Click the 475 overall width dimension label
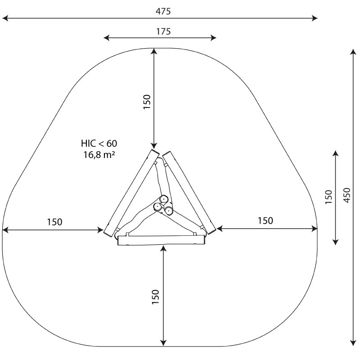coord(163,11)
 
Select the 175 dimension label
coord(163,31)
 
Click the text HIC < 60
coord(99,144)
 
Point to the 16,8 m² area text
coord(99,155)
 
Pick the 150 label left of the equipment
coord(54,222)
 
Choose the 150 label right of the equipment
coord(265,220)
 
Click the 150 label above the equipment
coord(147,102)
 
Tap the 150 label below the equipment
coord(155,297)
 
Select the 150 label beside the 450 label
coord(328,197)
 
